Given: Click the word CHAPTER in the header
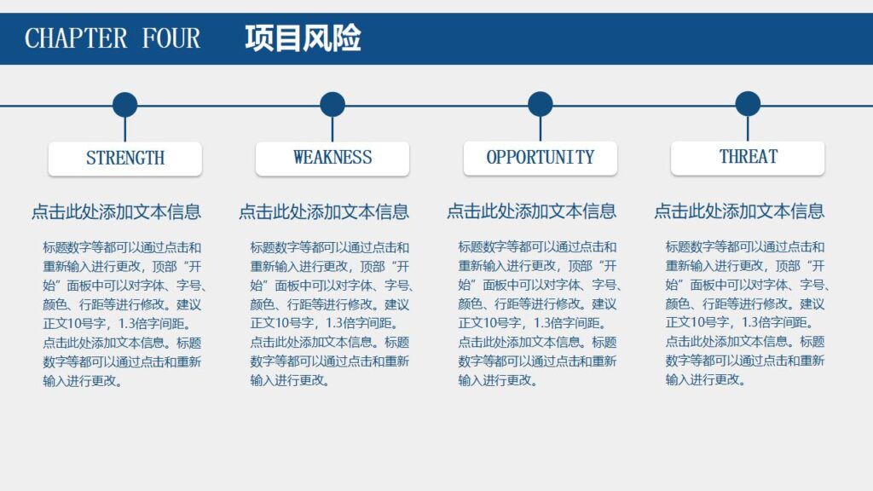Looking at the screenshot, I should click(77, 38).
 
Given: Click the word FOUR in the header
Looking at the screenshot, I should click(171, 38).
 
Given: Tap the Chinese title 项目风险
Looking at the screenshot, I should click(303, 38).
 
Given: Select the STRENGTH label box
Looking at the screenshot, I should click(125, 159).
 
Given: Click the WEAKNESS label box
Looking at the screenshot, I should click(332, 159).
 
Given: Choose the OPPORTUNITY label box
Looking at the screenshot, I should click(541, 159).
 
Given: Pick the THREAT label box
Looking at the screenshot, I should click(748, 158).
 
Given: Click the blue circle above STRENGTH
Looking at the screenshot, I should click(124, 105).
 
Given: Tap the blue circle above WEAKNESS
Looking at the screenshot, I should click(332, 105).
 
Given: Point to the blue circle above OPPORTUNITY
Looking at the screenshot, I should click(540, 104).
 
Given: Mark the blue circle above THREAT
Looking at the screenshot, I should click(748, 104).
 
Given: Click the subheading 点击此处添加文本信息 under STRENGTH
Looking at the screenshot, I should click(117, 211).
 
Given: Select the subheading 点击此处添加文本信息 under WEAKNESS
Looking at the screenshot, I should click(324, 211).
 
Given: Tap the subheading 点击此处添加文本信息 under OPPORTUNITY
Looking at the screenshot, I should click(532, 211).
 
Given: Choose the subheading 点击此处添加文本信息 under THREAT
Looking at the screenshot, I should click(739, 211).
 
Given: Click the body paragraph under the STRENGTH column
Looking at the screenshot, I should click(123, 314).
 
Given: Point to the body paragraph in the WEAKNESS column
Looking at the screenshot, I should click(331, 314).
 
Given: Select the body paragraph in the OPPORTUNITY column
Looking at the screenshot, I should click(539, 314).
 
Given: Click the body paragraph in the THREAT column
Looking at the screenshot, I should click(746, 314).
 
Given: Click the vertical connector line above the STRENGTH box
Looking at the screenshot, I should click(125, 130).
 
